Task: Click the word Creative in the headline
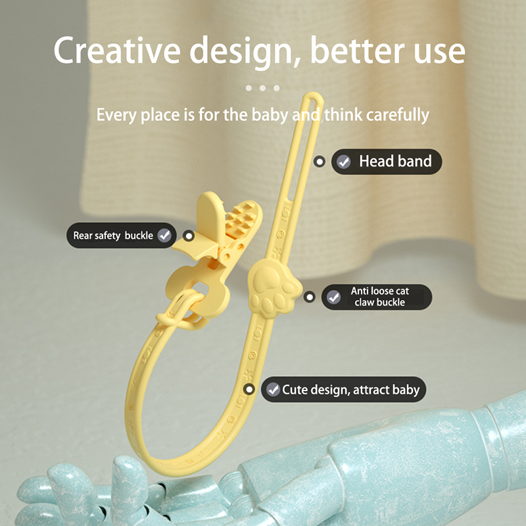[x=117, y=51]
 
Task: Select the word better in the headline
[x=358, y=51]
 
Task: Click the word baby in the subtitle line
[x=270, y=115]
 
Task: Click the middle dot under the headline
[x=262, y=88]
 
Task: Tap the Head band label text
[x=395, y=161]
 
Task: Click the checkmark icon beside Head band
[x=343, y=162]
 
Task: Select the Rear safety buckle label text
[x=113, y=235]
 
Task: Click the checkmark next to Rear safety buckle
[x=164, y=235]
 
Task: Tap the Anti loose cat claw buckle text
[x=380, y=297]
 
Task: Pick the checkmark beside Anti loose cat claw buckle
[x=334, y=297]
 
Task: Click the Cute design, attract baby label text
[x=350, y=389]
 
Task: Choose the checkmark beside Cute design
[x=273, y=389]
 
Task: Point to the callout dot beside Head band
[x=320, y=162]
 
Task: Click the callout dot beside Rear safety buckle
[x=189, y=236]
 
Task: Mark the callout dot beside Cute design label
[x=249, y=389]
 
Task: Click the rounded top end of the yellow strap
[x=314, y=95]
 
